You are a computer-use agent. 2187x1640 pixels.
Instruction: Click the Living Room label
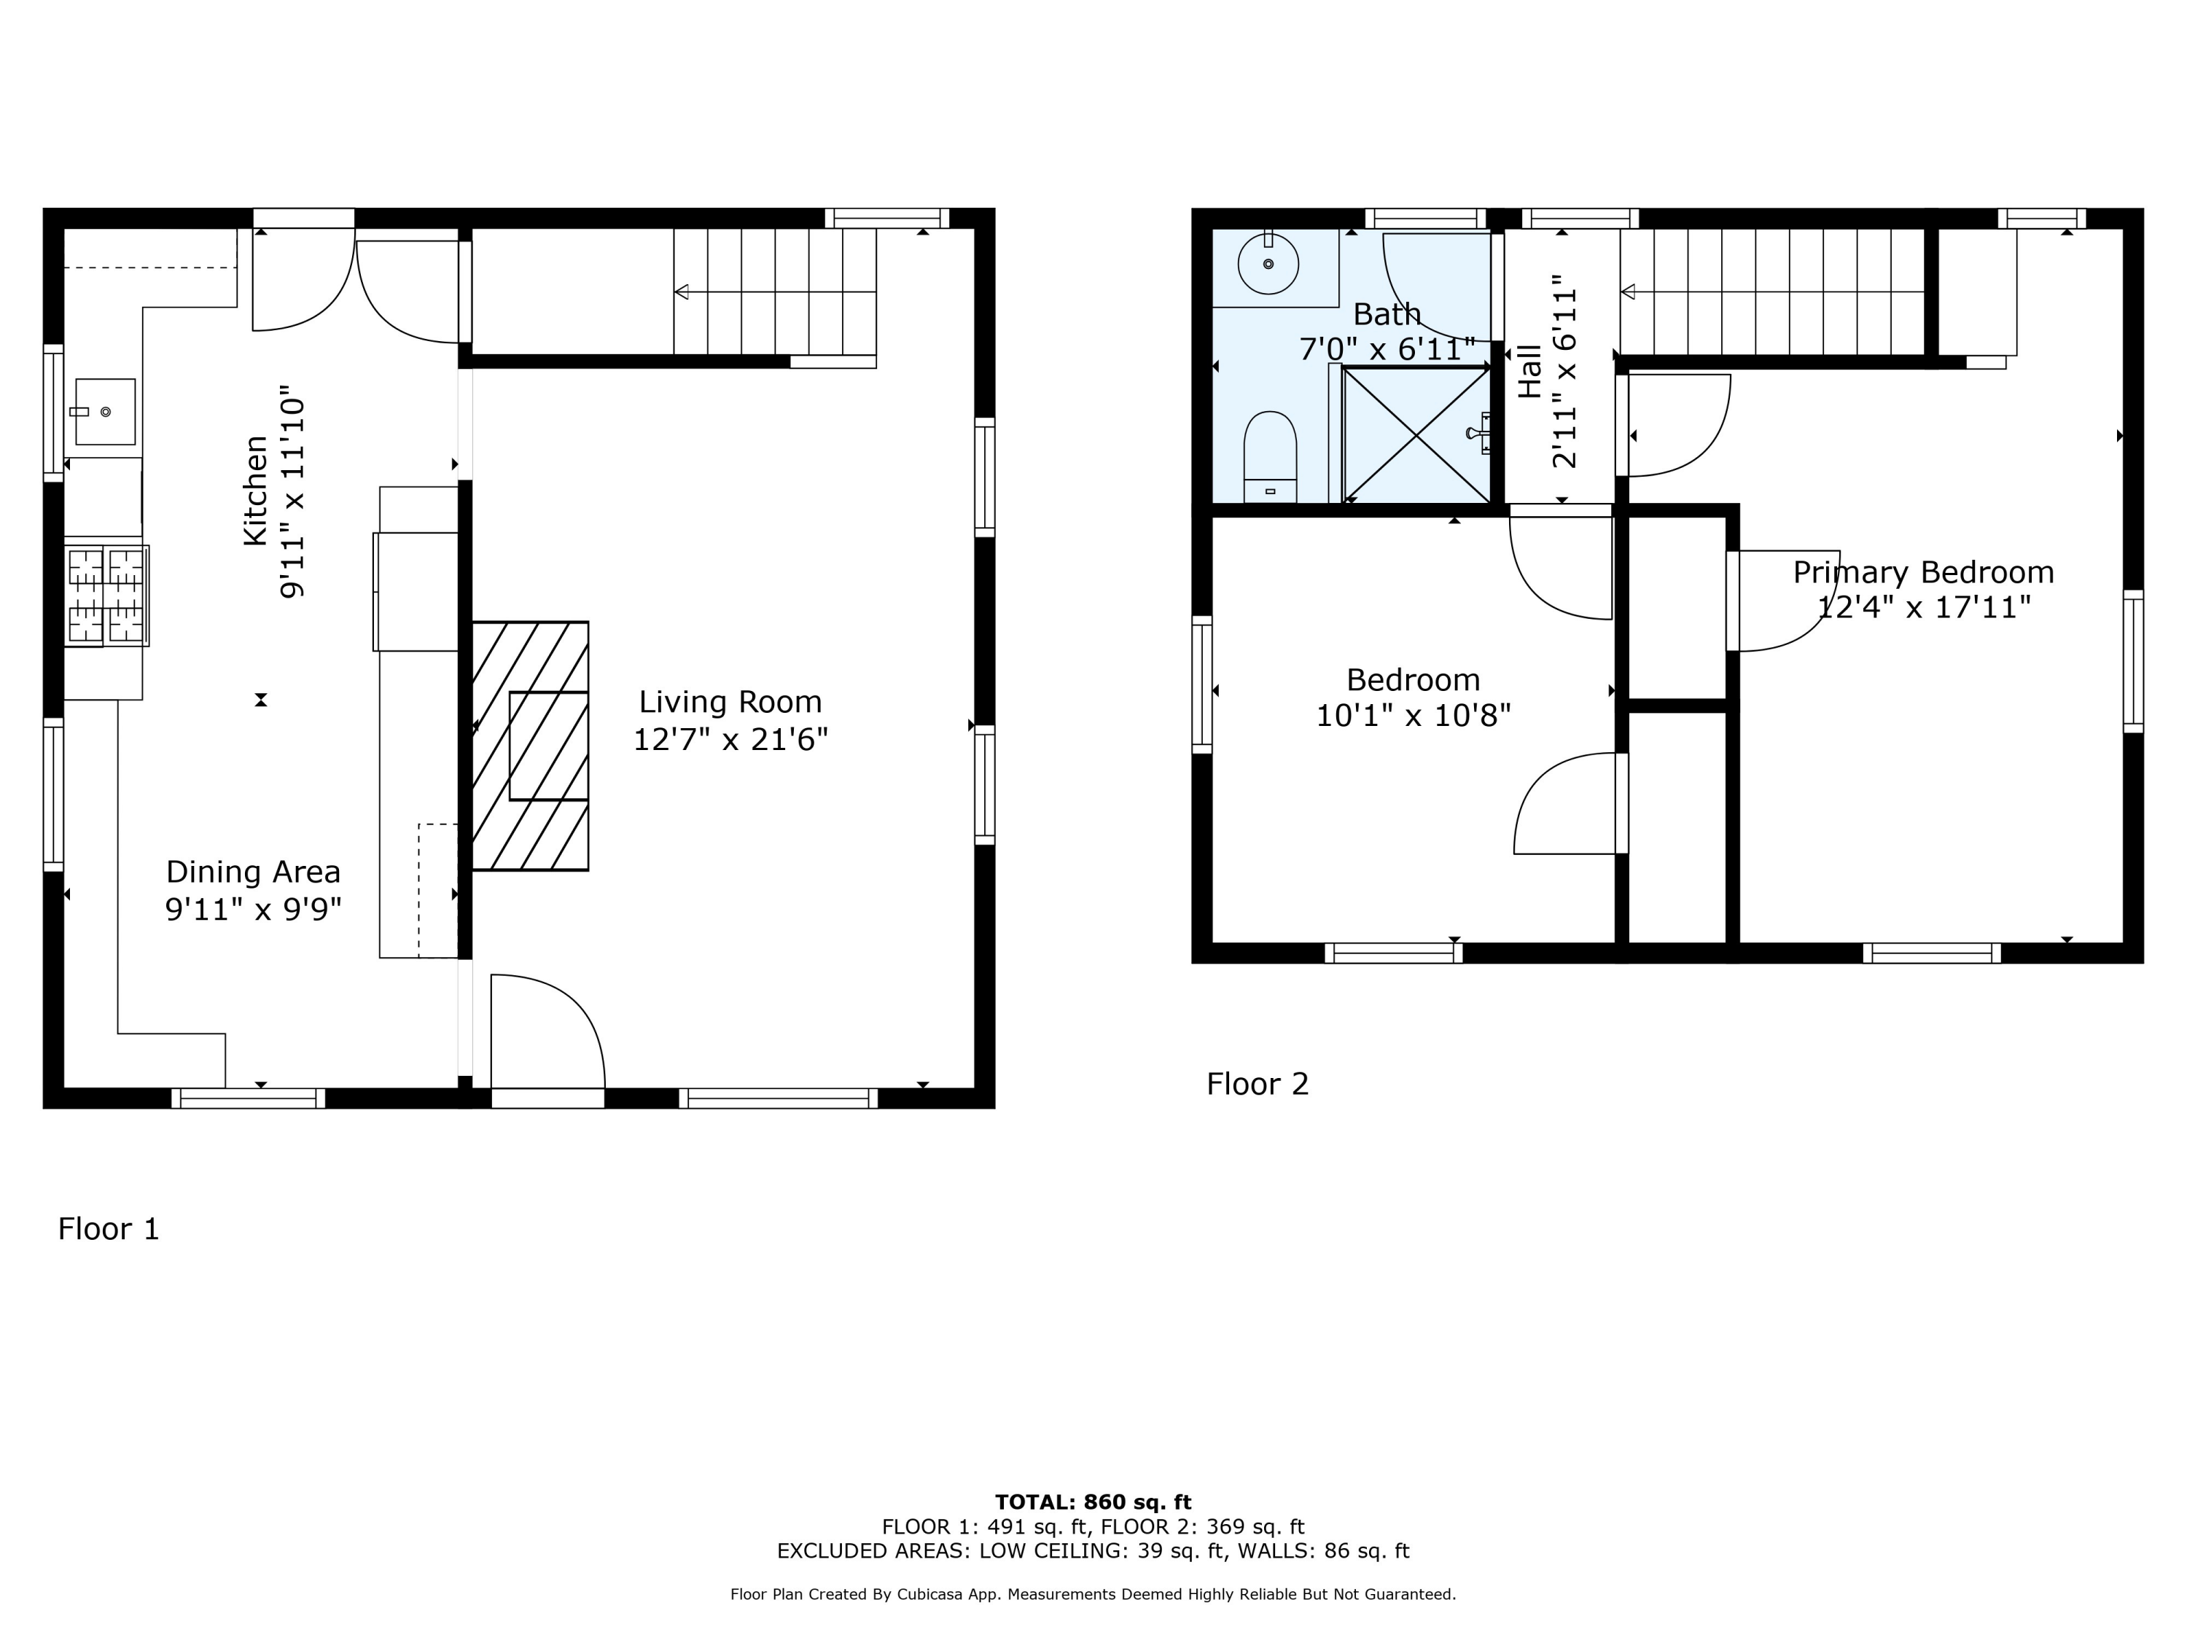[x=730, y=702]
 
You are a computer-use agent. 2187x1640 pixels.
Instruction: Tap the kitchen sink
[x=105, y=411]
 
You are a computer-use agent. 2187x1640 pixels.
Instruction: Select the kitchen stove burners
[x=106, y=596]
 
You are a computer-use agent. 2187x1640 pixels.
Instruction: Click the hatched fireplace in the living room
[x=530, y=746]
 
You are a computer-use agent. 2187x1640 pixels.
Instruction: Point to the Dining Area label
[x=253, y=872]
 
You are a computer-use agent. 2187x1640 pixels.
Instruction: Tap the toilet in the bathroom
[x=1269, y=457]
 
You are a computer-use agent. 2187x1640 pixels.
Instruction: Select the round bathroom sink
[x=1268, y=264]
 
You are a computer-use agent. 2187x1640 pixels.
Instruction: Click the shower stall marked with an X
[x=1416, y=435]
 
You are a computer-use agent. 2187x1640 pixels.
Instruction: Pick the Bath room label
[x=1387, y=314]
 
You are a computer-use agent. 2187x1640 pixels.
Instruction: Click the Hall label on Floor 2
[x=1529, y=372]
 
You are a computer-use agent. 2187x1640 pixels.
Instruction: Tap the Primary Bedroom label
[x=1924, y=572]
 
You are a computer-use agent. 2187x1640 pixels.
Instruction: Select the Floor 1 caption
[x=109, y=1229]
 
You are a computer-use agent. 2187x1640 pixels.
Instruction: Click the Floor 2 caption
[x=1258, y=1085]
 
